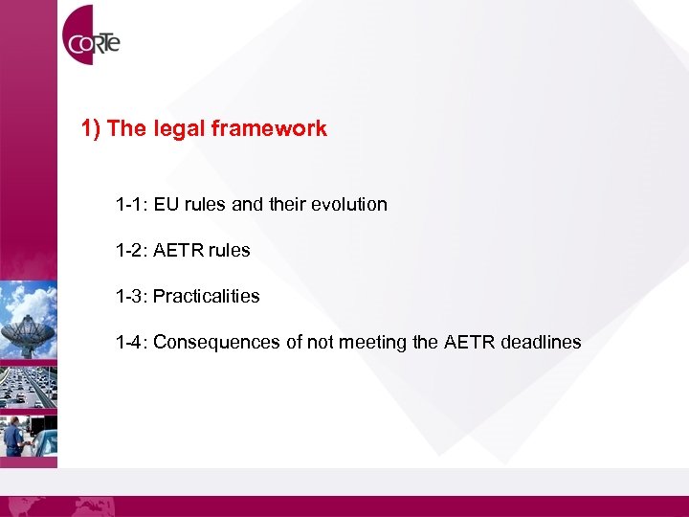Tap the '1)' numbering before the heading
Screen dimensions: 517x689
coord(92,128)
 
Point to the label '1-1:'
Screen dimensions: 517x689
coord(132,204)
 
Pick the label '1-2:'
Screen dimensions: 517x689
coord(132,250)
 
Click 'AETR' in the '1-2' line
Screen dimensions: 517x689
coord(177,250)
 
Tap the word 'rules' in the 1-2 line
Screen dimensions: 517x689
coord(229,250)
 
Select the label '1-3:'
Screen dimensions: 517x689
coord(132,296)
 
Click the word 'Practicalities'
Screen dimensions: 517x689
coord(206,296)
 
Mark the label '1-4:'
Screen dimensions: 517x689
coord(132,342)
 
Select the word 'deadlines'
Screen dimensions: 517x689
coord(540,342)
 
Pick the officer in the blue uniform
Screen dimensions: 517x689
coord(13,436)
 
